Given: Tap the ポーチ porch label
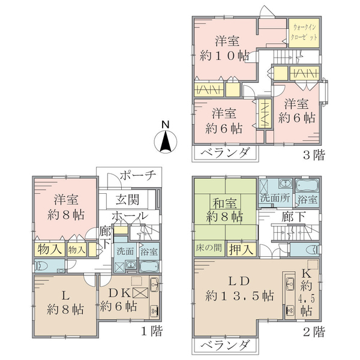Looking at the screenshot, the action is pos(138,176).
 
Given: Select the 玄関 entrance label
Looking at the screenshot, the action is pos(127,200).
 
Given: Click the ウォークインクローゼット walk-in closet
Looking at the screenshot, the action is pos(304,33).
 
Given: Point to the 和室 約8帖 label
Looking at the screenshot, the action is pos(224,209).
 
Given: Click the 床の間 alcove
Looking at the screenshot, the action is pos(209,248).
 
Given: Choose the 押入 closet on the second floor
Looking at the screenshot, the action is pos(242,249).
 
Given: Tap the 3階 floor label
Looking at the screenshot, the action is pos(314,155).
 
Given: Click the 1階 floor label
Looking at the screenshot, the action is pos(152,331).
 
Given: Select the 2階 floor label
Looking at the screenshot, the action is pos(314,332).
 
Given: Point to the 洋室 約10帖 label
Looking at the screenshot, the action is pos(224,48).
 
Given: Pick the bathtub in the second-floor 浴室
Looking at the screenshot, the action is pos(307,185).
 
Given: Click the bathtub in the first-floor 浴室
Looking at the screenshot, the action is pos(149,267).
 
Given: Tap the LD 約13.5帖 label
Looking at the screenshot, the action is pos(239,289).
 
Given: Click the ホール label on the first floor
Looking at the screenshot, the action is pos(129,216).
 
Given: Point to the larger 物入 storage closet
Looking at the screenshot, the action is pos(50,250).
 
